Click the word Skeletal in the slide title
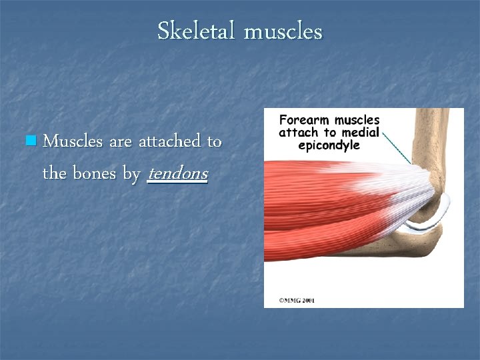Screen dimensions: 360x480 click(x=197, y=31)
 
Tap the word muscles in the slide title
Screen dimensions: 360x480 click(x=283, y=31)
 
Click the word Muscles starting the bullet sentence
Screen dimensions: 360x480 click(x=72, y=141)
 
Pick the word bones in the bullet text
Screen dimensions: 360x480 click(x=95, y=174)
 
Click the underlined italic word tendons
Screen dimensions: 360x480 click(x=177, y=174)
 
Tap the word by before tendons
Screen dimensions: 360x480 click(x=131, y=175)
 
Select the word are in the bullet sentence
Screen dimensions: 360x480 click(x=120, y=141)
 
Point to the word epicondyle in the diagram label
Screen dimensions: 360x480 click(x=329, y=145)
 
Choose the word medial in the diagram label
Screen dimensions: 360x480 click(x=361, y=132)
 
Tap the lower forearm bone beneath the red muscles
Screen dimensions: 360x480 click(x=373, y=251)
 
